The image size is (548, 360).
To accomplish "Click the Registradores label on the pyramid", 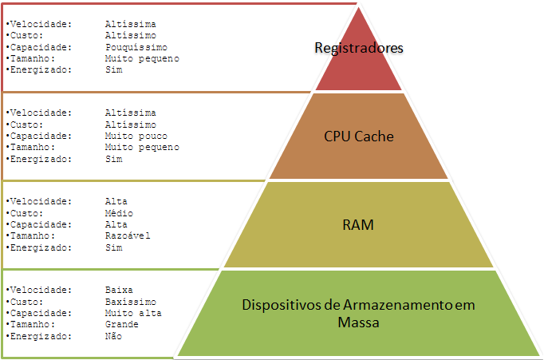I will click(x=359, y=49).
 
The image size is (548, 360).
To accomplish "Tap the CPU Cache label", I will click(x=359, y=136).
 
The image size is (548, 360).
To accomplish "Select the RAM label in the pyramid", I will click(x=359, y=225).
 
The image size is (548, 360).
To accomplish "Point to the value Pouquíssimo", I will click(x=136, y=47).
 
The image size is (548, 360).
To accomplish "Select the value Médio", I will click(x=119, y=213).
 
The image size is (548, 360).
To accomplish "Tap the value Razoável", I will click(x=128, y=235).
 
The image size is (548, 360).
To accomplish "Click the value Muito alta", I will click(x=133, y=313).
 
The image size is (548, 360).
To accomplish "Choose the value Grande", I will click(x=122, y=324).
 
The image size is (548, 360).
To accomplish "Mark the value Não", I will click(x=113, y=336).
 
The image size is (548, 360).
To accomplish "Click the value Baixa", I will click(x=119, y=290).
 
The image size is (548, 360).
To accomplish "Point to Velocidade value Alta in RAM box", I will click(x=116, y=202).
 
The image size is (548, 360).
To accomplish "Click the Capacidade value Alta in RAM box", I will click(x=116, y=224).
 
